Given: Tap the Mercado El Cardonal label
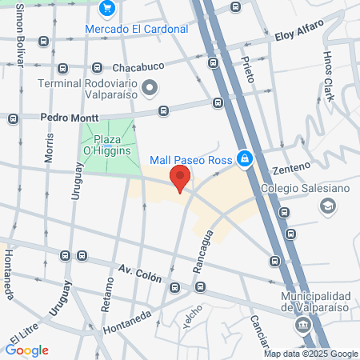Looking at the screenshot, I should (137, 29).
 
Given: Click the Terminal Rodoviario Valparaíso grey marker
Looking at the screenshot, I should (150, 86).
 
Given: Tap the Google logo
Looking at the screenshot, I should (26, 350).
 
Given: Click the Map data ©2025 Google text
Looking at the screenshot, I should (311, 354).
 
